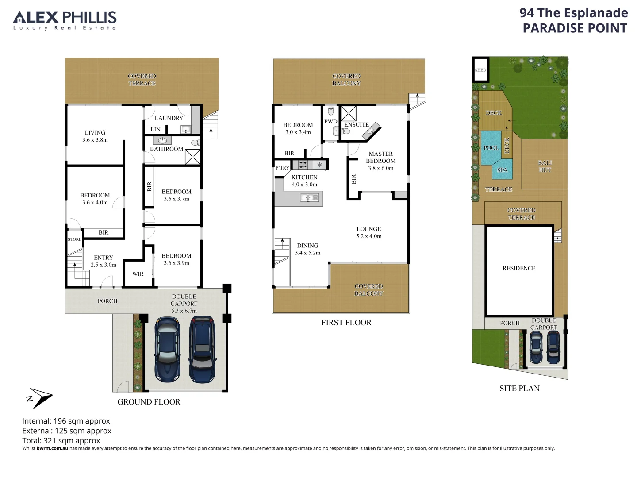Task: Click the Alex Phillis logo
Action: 65,20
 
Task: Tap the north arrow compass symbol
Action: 38,397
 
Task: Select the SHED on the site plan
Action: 480,70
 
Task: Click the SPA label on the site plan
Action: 502,170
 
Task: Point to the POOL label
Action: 491,148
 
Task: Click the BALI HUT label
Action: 545,166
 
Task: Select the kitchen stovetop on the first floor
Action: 303,165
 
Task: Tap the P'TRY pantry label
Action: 282,168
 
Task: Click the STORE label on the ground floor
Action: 74,239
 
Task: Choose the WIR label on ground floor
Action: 138,274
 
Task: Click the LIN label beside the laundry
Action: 155,130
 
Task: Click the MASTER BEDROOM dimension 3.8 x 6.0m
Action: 380,168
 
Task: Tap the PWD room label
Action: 330,121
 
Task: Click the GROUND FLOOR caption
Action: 149,402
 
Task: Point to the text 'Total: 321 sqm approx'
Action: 61,441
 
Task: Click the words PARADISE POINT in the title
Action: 575,28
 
